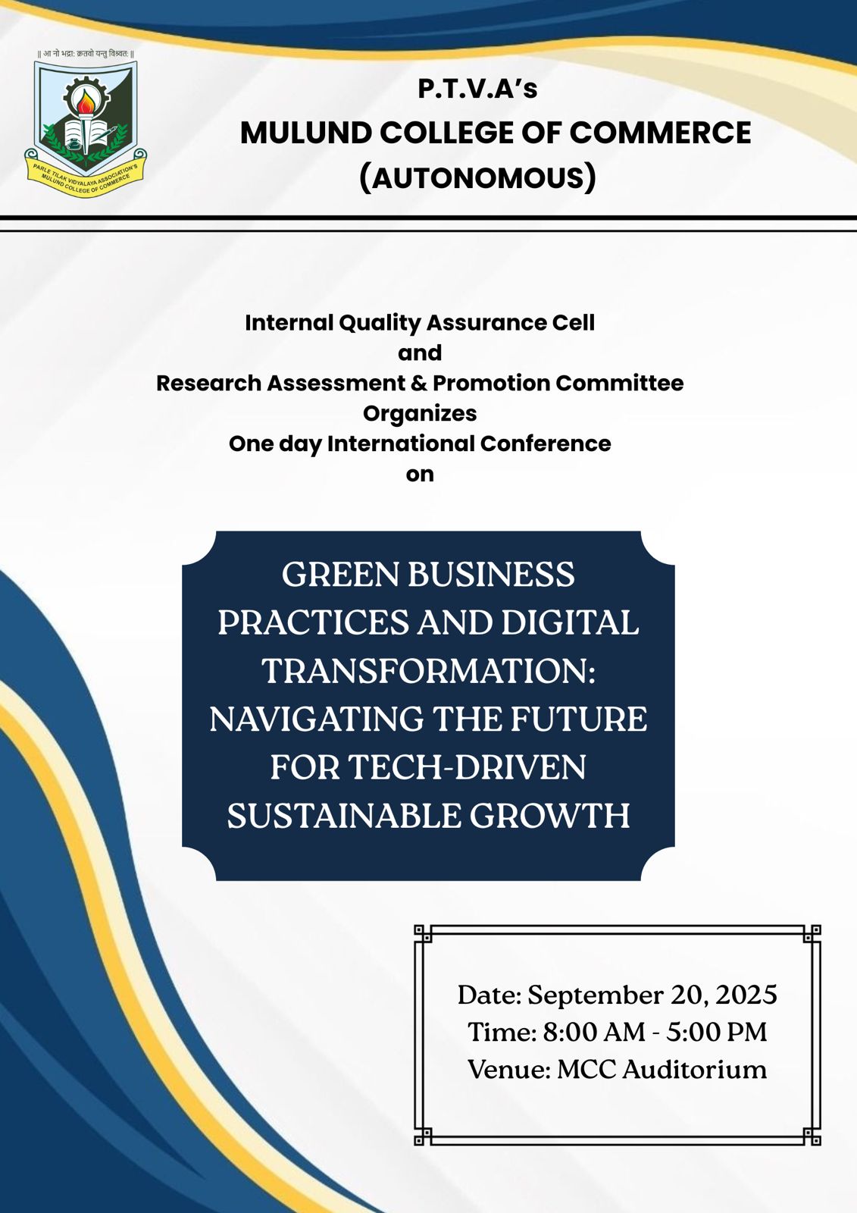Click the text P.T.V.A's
[x=477, y=89]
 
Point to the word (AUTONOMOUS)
[x=477, y=178]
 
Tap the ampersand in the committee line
[x=418, y=384]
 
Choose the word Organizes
[x=420, y=414]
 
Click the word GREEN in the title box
[x=341, y=575]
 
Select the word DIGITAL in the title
[x=570, y=622]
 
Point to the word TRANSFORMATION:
[x=428, y=672]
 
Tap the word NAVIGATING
[x=316, y=719]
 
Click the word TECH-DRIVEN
[x=467, y=768]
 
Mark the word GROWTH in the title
[x=549, y=816]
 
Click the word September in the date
[x=595, y=996]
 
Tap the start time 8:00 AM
[x=594, y=1032]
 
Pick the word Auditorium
[x=694, y=1070]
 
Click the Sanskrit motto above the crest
[x=86, y=54]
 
